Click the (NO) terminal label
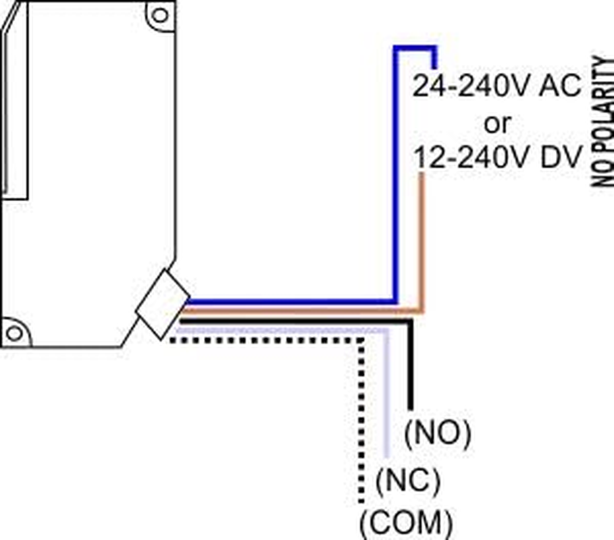[x=436, y=435]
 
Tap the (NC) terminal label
[x=407, y=481]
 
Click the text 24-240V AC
[x=497, y=87]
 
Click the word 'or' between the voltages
[x=498, y=123]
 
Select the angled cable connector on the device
[x=162, y=304]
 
